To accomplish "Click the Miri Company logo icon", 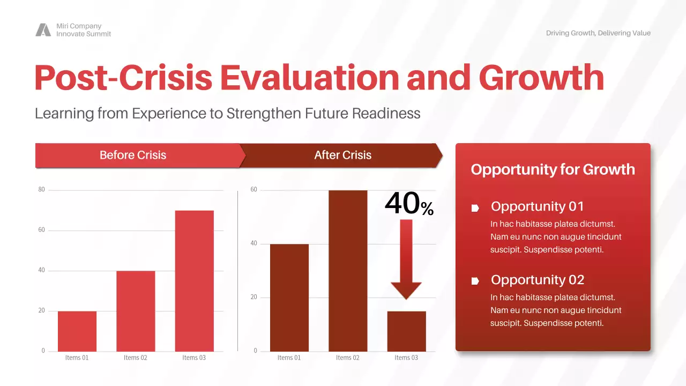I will click(x=43, y=30).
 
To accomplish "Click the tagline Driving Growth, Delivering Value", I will click(x=598, y=33).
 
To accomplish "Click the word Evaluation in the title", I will click(x=310, y=78).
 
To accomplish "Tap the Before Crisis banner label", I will click(x=133, y=155).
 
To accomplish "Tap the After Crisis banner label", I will click(x=342, y=155).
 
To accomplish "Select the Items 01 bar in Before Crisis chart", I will click(x=77, y=331).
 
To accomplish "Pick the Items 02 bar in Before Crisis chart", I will click(x=136, y=311).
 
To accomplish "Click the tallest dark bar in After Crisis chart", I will click(x=348, y=271).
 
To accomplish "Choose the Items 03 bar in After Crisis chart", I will click(x=406, y=331).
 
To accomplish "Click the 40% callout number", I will click(x=409, y=204).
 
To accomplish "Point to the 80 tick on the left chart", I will click(x=41, y=190).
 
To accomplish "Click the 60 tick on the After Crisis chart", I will click(x=254, y=190).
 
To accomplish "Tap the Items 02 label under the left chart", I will click(x=135, y=358).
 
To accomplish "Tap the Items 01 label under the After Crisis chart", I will click(x=289, y=358).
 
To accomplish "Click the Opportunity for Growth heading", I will click(x=553, y=169).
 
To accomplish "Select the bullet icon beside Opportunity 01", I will click(x=475, y=208).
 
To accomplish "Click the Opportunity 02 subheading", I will click(x=537, y=280).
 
